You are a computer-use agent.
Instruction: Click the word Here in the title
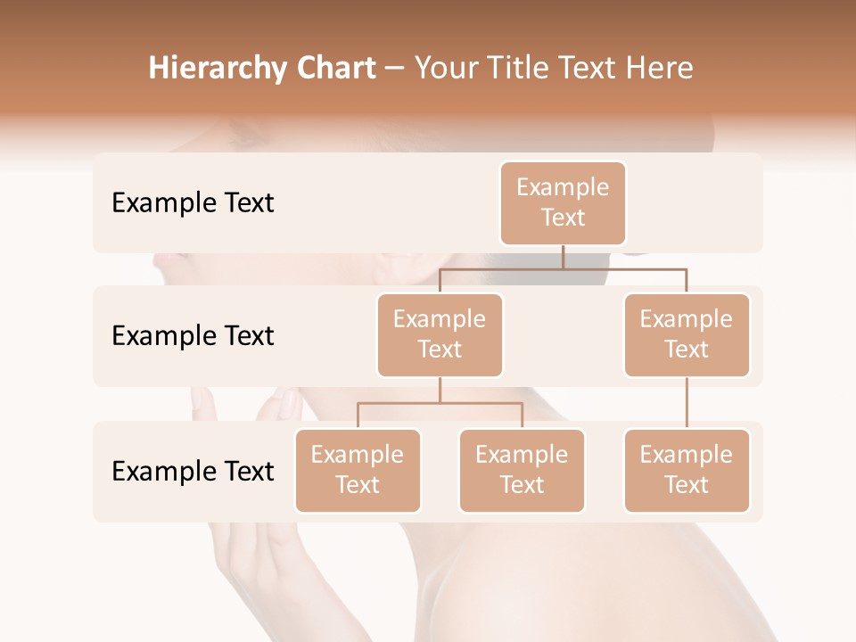pyautogui.click(x=660, y=68)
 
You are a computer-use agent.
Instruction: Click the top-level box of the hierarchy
pyautogui.click(x=563, y=202)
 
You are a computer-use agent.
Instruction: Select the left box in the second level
pyautogui.click(x=440, y=334)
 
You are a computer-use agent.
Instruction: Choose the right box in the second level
pyautogui.click(x=686, y=334)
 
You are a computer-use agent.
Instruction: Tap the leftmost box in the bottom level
pyautogui.click(x=358, y=470)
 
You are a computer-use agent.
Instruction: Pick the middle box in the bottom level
pyautogui.click(x=522, y=470)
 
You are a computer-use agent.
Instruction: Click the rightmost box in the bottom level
pyautogui.click(x=686, y=470)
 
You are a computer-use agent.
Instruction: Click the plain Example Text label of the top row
pyautogui.click(x=193, y=203)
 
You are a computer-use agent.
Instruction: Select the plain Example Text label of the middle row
pyautogui.click(x=193, y=336)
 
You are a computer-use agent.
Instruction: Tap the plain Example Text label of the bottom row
pyautogui.click(x=193, y=472)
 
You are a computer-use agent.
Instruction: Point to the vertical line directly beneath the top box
pyautogui.click(x=563, y=257)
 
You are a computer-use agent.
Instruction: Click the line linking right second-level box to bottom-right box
pyautogui.click(x=687, y=403)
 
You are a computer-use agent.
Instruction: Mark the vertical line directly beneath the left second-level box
pyautogui.click(x=440, y=390)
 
